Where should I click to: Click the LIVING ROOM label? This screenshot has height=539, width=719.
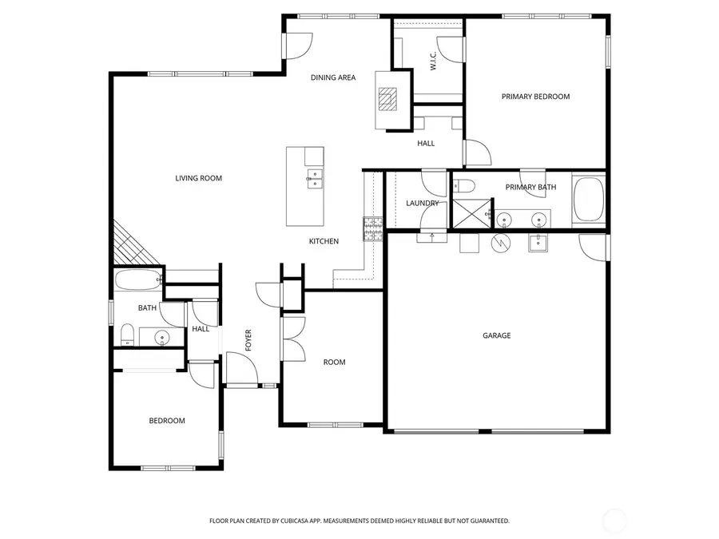click(198, 178)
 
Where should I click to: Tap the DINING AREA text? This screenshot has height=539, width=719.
click(333, 77)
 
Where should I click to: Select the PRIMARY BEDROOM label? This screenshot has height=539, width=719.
click(535, 97)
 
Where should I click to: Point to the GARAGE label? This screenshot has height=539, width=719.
click(496, 335)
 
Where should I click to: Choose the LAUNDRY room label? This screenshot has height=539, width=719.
click(422, 203)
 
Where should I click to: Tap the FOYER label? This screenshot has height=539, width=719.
click(248, 340)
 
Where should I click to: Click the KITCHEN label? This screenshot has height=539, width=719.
click(324, 241)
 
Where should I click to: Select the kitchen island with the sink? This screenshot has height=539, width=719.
click(305, 186)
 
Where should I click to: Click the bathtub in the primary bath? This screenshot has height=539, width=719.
click(589, 200)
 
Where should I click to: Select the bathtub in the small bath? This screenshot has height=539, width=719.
click(137, 280)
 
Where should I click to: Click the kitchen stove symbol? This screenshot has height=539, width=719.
click(373, 229)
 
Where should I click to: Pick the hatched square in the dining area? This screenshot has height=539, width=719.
click(387, 98)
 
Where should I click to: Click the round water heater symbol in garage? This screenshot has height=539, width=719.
click(500, 242)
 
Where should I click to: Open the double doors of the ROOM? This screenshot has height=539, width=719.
click(292, 339)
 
